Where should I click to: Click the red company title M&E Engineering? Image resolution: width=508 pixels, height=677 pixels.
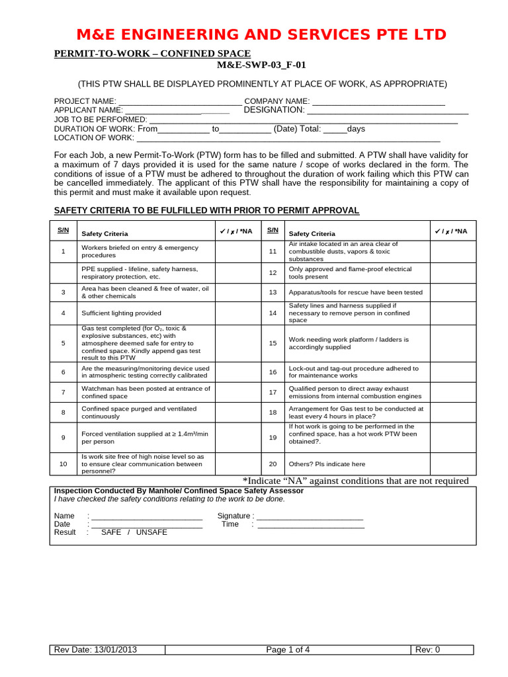[261, 34]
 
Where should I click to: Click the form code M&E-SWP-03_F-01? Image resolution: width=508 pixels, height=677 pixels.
[261, 65]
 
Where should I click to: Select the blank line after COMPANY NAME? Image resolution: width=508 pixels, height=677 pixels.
[378, 101]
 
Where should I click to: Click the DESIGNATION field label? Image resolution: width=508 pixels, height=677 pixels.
[274, 110]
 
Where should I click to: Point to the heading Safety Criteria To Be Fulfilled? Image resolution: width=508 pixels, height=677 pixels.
[206, 210]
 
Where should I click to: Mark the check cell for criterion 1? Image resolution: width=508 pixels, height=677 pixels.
[238, 251]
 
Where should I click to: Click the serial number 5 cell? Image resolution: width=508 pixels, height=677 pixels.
[63, 343]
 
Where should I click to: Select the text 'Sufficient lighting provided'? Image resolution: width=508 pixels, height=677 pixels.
[121, 313]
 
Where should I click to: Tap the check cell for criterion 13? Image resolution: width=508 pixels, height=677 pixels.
[452, 292]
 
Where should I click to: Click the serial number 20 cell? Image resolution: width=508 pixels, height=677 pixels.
[272, 464]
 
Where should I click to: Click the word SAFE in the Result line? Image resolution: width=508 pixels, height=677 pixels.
[111, 532]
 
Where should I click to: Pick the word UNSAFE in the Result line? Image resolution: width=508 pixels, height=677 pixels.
[151, 532]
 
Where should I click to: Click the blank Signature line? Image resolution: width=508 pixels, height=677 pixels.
[310, 516]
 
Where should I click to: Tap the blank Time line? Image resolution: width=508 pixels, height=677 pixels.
[310, 524]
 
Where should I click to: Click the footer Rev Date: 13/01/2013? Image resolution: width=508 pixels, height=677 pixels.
[96, 649]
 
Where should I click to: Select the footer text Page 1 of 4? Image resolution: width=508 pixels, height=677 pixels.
[288, 649]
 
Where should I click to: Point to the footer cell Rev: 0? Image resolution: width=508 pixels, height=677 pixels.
[427, 649]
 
